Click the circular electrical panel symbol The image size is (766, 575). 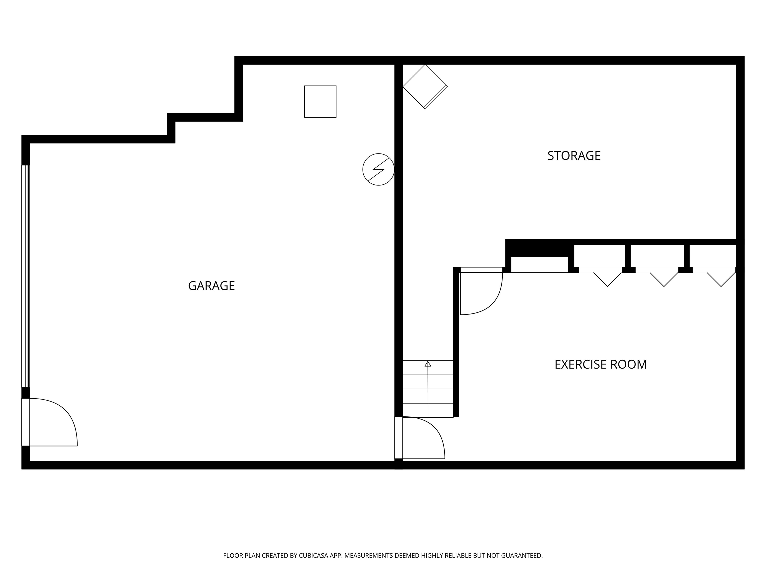pyautogui.click(x=378, y=169)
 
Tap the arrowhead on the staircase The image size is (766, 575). pyautogui.click(x=428, y=364)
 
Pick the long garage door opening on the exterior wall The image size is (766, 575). pyautogui.click(x=26, y=276)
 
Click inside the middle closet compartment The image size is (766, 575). pyautogui.click(x=657, y=256)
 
